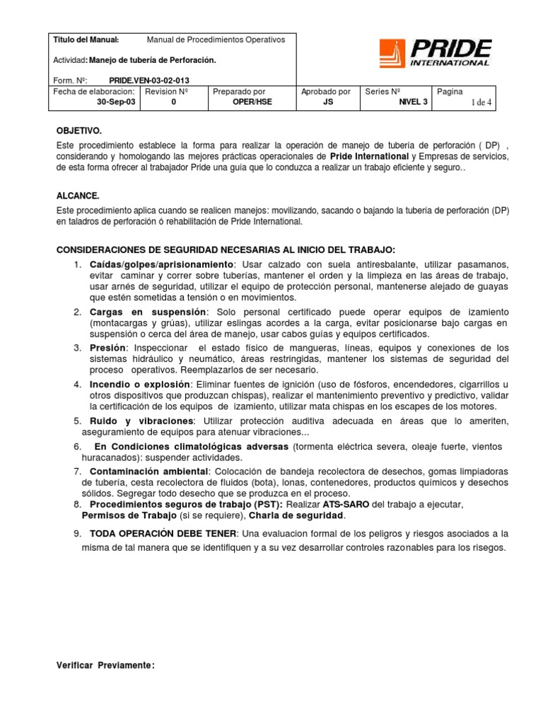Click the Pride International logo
click(434, 53)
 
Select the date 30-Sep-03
click(117, 102)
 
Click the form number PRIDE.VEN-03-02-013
click(148, 81)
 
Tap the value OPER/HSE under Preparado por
click(252, 102)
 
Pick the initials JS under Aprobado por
click(326, 102)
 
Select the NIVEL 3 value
click(413, 102)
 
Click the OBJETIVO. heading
click(78, 132)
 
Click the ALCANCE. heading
click(78, 195)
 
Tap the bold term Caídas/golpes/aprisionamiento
click(161, 264)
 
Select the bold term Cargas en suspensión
click(148, 312)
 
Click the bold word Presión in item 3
click(107, 347)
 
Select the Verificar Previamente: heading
click(105, 666)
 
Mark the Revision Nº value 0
click(173, 102)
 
